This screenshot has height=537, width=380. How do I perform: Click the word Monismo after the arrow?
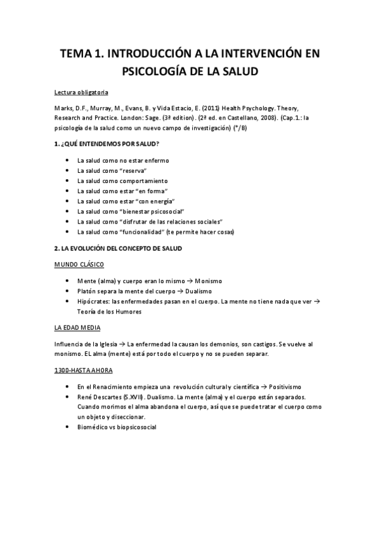click(x=209, y=281)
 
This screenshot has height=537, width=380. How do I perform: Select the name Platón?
click(x=88, y=291)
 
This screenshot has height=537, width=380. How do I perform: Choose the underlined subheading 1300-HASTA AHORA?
click(x=84, y=370)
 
